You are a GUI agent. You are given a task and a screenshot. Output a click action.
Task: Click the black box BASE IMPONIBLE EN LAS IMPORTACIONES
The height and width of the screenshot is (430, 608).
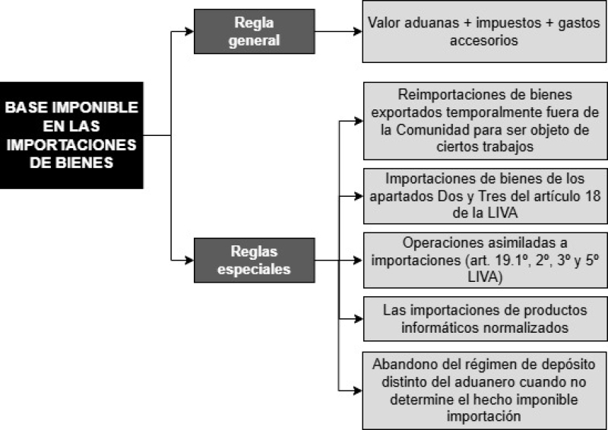point(71,135)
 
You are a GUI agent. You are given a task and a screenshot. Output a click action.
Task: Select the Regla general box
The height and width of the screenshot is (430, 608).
point(254,31)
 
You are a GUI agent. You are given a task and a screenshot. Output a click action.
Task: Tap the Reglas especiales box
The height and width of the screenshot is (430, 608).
point(254,260)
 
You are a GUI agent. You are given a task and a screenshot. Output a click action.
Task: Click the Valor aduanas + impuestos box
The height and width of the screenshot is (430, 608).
point(484,31)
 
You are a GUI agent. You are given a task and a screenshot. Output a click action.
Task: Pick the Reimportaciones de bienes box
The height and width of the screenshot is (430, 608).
point(485,121)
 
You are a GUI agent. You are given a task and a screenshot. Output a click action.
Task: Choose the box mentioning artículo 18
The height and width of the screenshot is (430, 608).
point(485,196)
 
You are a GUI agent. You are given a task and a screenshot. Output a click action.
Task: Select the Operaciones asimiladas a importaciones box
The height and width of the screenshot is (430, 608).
point(485,260)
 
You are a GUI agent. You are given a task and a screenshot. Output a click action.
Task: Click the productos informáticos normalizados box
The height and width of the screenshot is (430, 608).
point(485,319)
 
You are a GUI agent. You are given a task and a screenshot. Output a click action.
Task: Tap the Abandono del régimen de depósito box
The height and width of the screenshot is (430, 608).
point(484,390)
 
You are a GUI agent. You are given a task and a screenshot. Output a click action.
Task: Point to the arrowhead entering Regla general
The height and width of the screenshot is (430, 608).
point(189,31)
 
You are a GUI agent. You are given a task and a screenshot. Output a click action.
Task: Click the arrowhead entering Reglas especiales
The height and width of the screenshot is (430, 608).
point(189,260)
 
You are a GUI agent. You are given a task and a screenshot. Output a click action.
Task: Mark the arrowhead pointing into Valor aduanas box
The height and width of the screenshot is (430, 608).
point(358,31)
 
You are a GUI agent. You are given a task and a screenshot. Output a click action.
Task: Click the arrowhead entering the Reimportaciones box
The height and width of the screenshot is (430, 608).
point(359,121)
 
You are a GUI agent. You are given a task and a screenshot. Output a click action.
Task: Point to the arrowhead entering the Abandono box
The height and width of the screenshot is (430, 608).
point(358,390)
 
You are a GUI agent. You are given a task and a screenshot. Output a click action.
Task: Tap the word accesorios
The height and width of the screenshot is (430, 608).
point(484,40)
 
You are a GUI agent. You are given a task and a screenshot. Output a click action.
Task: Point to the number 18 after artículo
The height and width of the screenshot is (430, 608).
point(593,196)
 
